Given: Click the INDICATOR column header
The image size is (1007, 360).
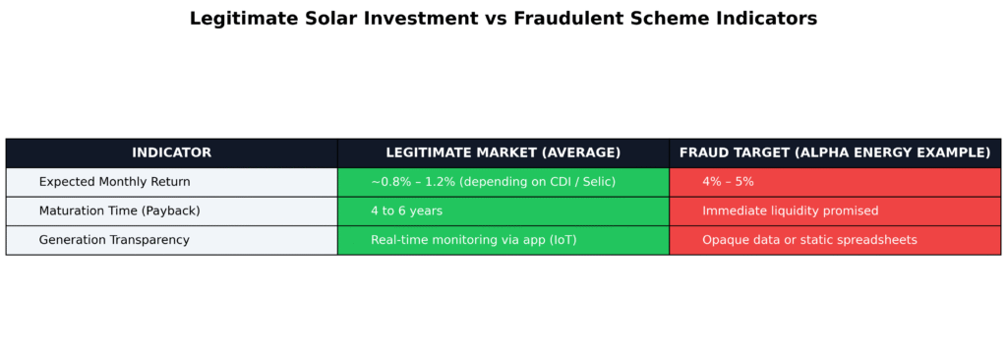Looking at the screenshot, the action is [x=171, y=153].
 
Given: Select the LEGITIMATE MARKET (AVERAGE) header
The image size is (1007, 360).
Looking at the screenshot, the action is [x=503, y=153].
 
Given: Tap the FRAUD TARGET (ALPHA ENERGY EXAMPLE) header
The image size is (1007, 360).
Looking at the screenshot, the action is [x=835, y=153].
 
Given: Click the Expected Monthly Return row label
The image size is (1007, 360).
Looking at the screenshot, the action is [x=114, y=182].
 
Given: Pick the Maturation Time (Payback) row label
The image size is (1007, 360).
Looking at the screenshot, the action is [x=119, y=210].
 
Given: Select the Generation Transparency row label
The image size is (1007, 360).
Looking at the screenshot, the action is [x=114, y=240].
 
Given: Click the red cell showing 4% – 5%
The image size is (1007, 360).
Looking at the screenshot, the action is [x=835, y=182].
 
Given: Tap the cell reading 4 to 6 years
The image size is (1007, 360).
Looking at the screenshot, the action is [x=503, y=210].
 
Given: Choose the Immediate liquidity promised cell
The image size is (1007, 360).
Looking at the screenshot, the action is [x=835, y=210].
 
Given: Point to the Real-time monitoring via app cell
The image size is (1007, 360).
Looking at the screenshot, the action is [x=503, y=240].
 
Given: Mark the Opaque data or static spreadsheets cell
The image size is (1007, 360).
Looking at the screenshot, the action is [x=835, y=240].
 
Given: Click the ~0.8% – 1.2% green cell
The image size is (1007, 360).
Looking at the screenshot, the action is [x=503, y=182].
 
